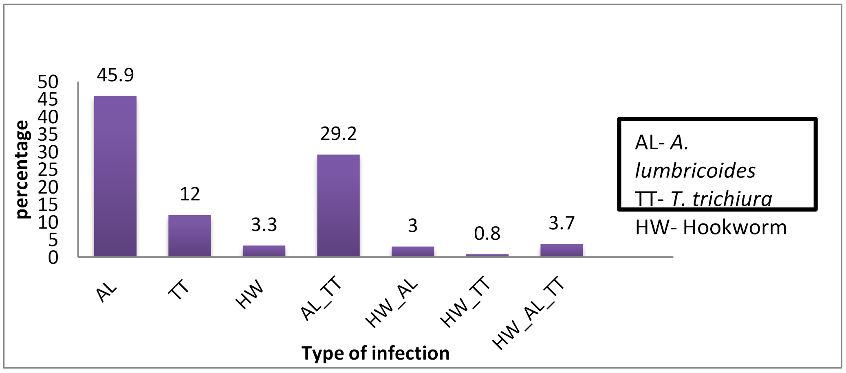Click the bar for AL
click(115, 176)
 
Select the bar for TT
click(189, 236)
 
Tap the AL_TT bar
click(338, 205)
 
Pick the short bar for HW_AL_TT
click(562, 250)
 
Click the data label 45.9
click(115, 75)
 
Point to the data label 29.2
click(338, 134)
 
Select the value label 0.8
click(487, 234)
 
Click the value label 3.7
click(562, 223)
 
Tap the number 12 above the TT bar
click(189, 194)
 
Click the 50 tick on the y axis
click(48, 82)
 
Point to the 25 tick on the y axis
click(48, 170)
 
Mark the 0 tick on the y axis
click(53, 257)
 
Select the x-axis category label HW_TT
click(466, 303)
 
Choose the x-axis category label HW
click(250, 295)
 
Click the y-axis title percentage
click(23, 170)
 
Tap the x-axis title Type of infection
click(375, 353)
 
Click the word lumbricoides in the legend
click(695, 171)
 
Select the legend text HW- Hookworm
click(711, 228)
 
